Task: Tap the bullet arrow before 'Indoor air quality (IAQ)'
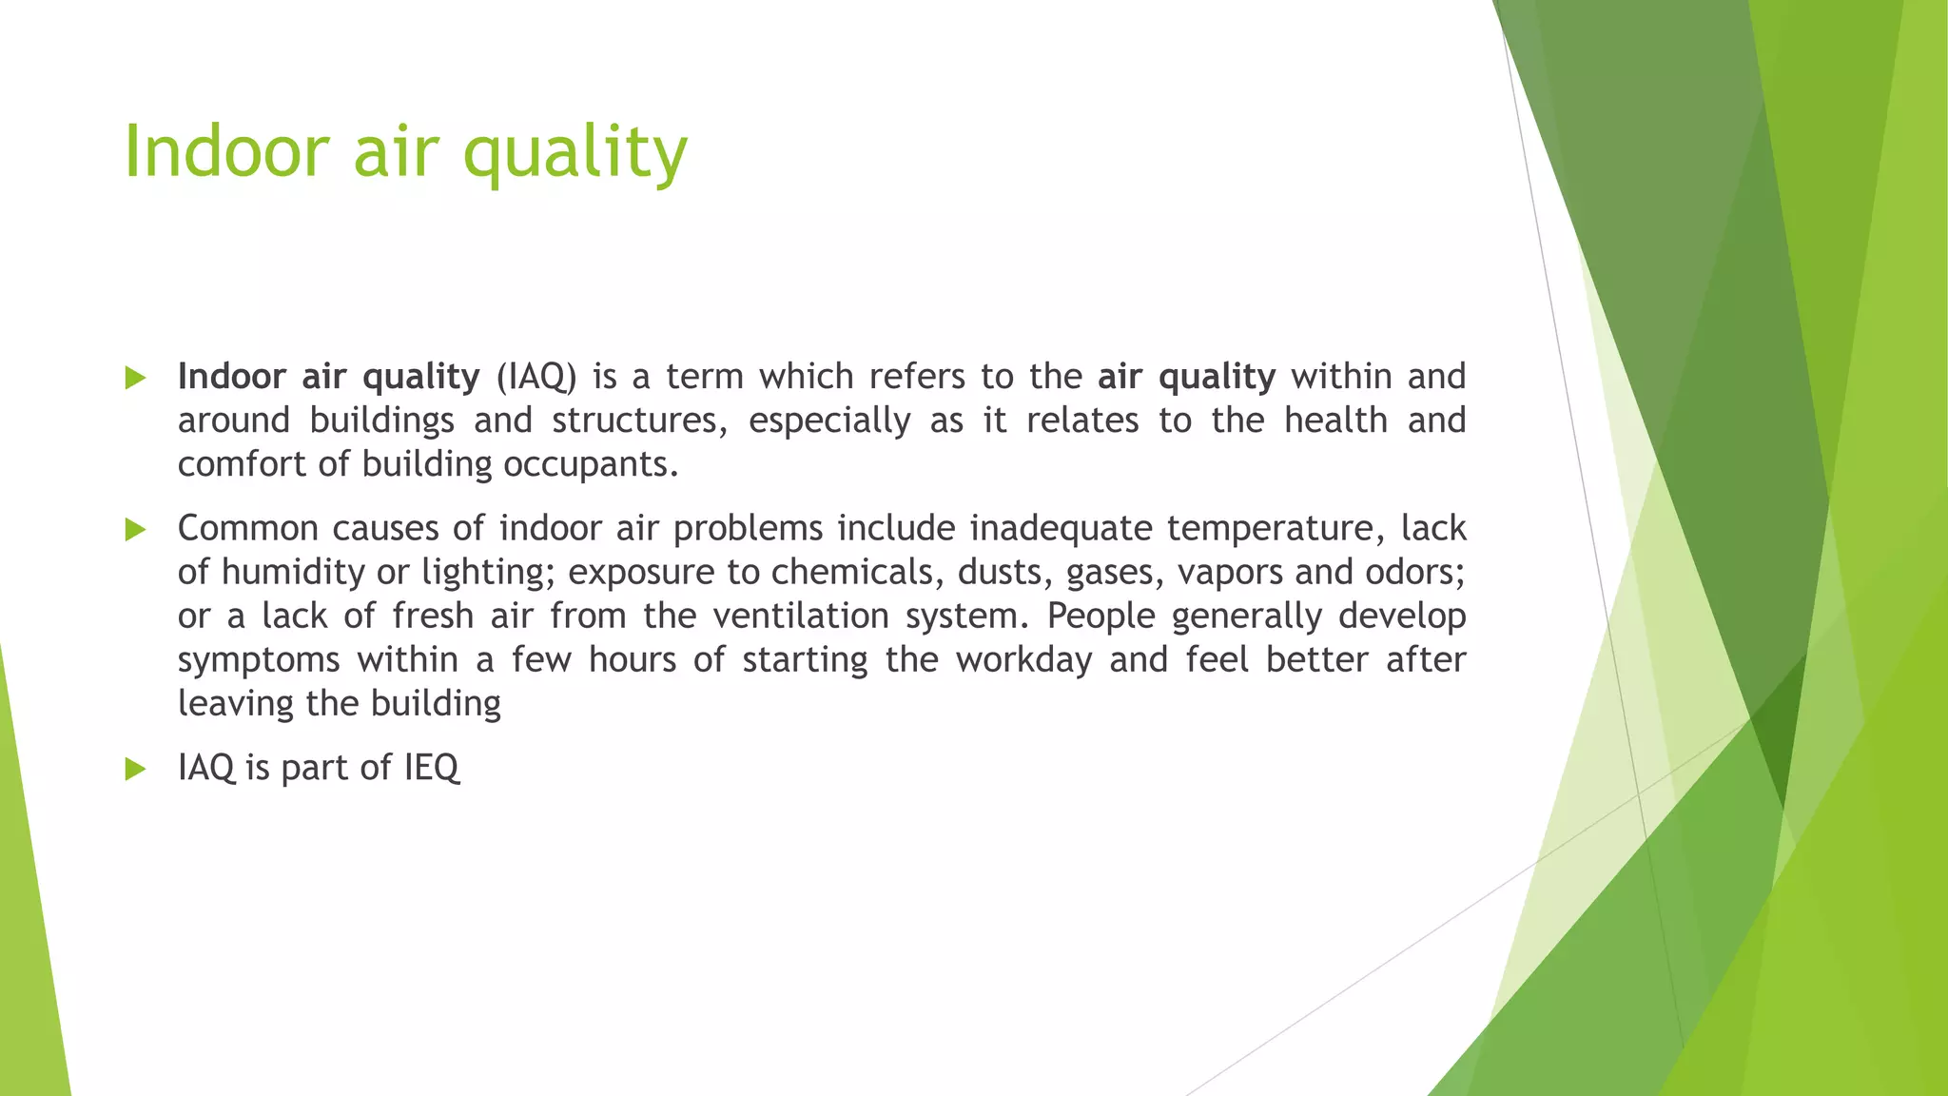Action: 135,379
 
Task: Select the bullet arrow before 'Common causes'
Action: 135,530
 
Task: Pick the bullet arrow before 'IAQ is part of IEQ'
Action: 135,769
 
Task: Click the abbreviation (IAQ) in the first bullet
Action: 536,378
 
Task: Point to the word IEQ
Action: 431,768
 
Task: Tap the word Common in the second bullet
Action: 247,529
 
